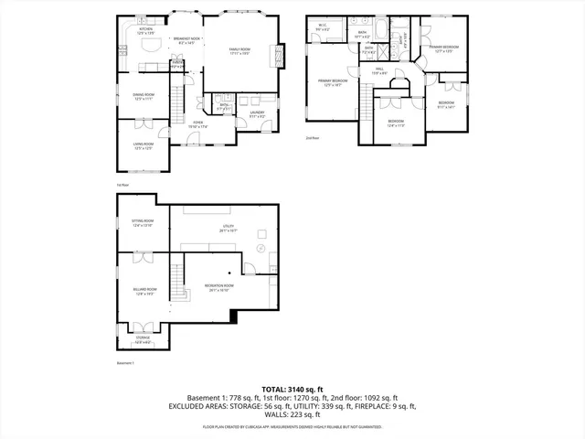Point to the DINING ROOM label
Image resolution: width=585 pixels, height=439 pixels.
coord(144,96)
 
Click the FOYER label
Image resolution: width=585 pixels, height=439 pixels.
coord(197,123)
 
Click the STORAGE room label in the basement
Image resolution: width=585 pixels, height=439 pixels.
coord(144,339)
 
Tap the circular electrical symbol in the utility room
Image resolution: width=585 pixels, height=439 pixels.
coord(261,248)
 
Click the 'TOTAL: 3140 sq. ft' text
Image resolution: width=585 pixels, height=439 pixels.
coord(292,389)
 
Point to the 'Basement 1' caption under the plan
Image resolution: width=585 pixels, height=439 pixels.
coord(125,364)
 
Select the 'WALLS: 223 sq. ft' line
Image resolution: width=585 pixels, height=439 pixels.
coord(292,414)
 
